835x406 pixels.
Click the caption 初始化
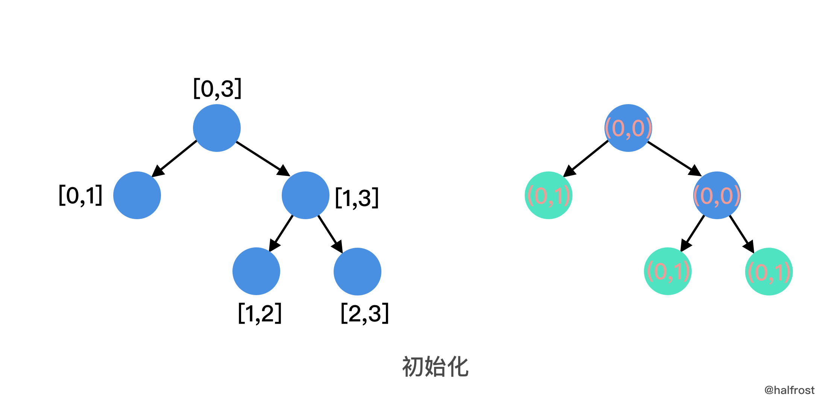point(435,367)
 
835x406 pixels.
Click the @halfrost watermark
point(789,390)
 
